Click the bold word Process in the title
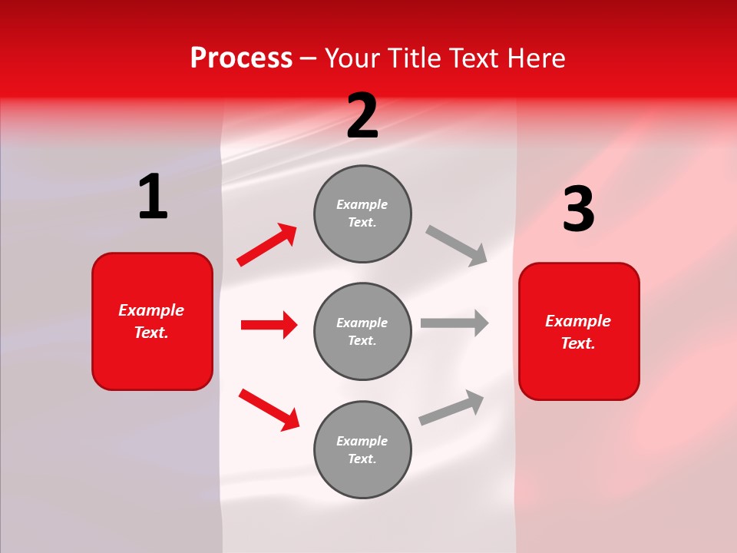click(241, 58)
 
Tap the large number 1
click(153, 197)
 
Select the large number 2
click(362, 116)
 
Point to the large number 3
click(578, 210)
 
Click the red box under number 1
click(152, 321)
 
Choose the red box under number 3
click(579, 331)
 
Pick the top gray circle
click(362, 214)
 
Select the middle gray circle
click(362, 331)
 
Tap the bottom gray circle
click(362, 449)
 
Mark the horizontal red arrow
click(269, 325)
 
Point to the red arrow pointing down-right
click(269, 409)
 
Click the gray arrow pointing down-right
click(457, 245)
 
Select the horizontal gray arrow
click(454, 323)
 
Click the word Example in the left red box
click(151, 310)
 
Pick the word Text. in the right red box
click(578, 343)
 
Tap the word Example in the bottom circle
click(362, 441)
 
